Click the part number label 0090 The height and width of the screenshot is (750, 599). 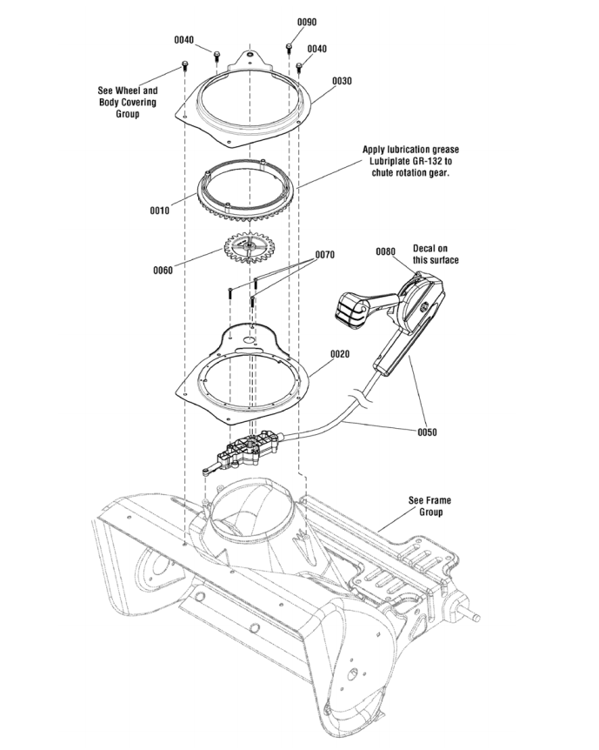(307, 21)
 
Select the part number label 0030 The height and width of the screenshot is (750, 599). (342, 81)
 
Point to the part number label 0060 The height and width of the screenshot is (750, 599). (162, 270)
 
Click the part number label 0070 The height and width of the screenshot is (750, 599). (324, 255)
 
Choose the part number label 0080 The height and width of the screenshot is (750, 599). (385, 251)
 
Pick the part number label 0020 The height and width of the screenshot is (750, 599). (340, 354)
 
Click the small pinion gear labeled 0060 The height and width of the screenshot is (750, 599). (250, 248)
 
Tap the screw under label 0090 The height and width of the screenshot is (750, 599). (288, 44)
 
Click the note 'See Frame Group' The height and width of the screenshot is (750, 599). (429, 506)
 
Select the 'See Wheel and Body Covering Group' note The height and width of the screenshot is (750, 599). (127, 102)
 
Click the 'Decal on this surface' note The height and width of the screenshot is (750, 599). (436, 254)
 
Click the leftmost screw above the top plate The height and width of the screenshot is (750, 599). (184, 65)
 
